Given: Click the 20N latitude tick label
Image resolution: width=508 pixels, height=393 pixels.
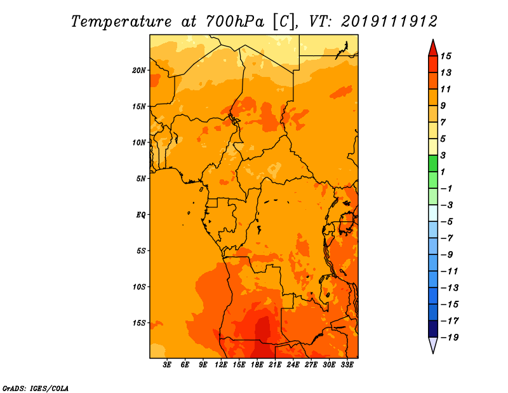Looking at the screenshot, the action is click(x=139, y=71).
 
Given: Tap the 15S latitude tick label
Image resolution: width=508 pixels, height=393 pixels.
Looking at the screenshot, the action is click(x=139, y=323).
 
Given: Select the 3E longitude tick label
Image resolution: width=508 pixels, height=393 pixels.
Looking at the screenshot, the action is click(x=167, y=365).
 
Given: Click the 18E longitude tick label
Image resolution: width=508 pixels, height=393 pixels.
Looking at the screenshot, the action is click(x=257, y=365).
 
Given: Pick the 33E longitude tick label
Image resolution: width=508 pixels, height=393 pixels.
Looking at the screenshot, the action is click(x=347, y=365).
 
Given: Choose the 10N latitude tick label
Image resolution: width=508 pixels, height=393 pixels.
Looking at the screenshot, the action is click(x=139, y=142).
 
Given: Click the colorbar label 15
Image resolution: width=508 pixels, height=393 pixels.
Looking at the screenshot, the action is click(x=446, y=56).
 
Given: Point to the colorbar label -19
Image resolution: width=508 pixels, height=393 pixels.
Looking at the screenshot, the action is click(x=450, y=338).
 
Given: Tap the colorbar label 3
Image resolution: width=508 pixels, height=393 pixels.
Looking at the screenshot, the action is click(x=443, y=155).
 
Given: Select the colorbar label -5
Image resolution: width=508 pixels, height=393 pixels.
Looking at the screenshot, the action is click(x=447, y=222).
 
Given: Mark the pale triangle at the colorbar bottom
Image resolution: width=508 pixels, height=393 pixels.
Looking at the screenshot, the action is click(x=433, y=344).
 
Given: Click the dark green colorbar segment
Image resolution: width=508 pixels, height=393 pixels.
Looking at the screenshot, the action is click(x=433, y=163).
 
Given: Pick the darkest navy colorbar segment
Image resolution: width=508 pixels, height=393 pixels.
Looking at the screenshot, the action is click(x=433, y=329).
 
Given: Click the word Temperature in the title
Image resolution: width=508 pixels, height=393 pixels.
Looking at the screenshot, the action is click(x=121, y=22).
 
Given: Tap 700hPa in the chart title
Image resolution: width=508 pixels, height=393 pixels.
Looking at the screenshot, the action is click(x=235, y=22).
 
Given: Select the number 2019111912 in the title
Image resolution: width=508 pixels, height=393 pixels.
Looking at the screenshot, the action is click(x=389, y=22).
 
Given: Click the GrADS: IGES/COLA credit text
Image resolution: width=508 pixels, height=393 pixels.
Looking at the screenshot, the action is click(x=36, y=389).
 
